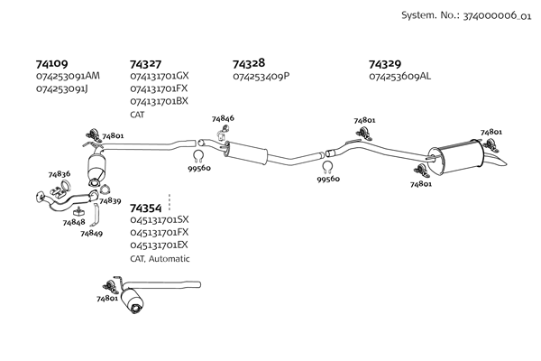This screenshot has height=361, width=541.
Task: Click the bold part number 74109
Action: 51,64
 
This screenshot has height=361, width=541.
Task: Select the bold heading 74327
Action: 145,64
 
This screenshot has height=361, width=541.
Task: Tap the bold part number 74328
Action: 249,63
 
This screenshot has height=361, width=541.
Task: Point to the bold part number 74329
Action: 385,64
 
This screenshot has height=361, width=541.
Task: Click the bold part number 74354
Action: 145,208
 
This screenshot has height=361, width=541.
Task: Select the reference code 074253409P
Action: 261,76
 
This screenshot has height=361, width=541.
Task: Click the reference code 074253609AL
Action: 399,76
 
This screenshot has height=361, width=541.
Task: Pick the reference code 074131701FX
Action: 159,88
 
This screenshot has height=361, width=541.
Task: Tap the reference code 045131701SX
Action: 160,219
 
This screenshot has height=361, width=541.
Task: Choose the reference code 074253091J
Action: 62,89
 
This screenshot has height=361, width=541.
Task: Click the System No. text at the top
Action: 466,15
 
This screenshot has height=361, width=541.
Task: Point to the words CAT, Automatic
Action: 160,258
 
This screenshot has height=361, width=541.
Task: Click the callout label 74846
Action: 223,118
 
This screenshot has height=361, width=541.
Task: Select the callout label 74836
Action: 60,174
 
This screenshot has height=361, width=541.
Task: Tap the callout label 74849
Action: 91,234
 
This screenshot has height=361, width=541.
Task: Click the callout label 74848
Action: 74,223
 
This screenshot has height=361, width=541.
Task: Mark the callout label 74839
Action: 110,200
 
